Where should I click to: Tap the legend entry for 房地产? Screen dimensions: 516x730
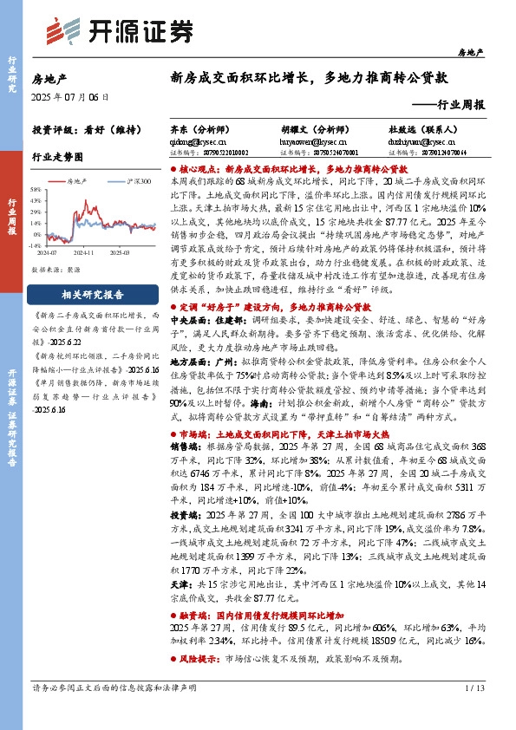76,181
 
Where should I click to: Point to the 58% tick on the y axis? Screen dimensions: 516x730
36,189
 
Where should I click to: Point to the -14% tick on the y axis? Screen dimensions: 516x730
35,245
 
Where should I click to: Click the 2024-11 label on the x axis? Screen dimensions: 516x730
84,252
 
